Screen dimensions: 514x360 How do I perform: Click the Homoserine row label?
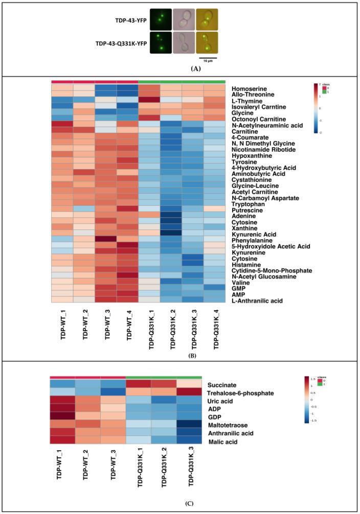click(x=250, y=88)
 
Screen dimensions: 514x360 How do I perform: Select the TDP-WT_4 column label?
click(x=127, y=326)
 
